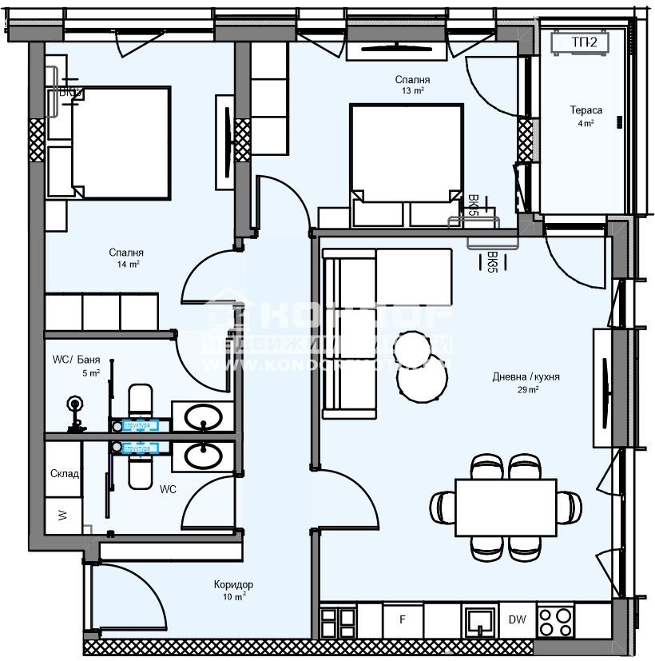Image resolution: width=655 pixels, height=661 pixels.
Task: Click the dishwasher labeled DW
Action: click(516, 619)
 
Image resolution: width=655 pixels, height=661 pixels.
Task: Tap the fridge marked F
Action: click(403, 619)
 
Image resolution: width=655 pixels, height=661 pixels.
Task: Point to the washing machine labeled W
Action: click(63, 515)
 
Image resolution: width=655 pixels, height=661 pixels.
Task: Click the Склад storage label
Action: click(64, 474)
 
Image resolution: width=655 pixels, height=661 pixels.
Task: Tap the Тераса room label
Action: click(586, 111)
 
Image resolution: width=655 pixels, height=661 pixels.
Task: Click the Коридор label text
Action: click(234, 584)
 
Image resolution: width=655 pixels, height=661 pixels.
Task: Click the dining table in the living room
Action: click(505, 507)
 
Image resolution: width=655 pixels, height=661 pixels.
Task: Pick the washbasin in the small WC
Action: click(203, 456)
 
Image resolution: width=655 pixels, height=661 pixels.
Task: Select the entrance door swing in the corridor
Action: click(128, 595)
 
